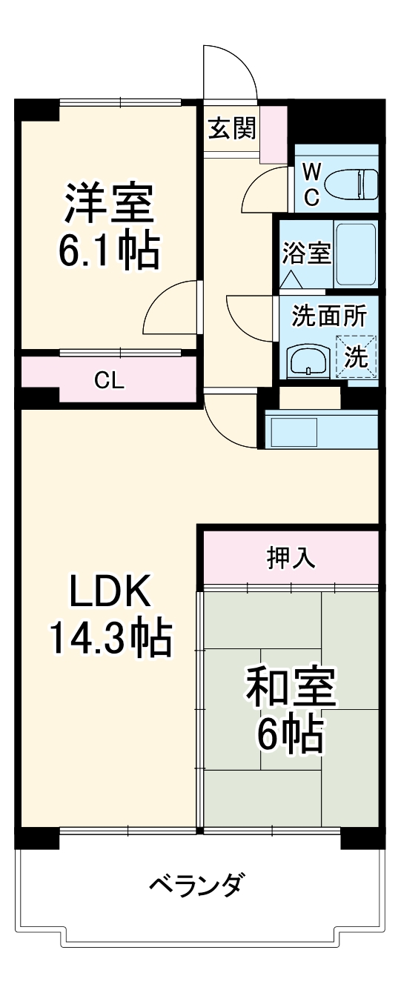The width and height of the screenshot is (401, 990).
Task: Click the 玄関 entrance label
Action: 231,129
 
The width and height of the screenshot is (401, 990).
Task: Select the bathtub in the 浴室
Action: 356,254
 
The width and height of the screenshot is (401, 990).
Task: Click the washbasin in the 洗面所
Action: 305,361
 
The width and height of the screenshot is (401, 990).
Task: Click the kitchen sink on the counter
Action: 292,429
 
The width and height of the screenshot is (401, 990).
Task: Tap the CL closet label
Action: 109,380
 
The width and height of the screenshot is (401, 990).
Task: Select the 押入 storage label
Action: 291,558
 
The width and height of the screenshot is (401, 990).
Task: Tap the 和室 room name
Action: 291,689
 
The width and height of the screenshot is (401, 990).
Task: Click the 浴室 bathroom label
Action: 305,253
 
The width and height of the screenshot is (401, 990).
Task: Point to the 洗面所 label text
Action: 328,316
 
